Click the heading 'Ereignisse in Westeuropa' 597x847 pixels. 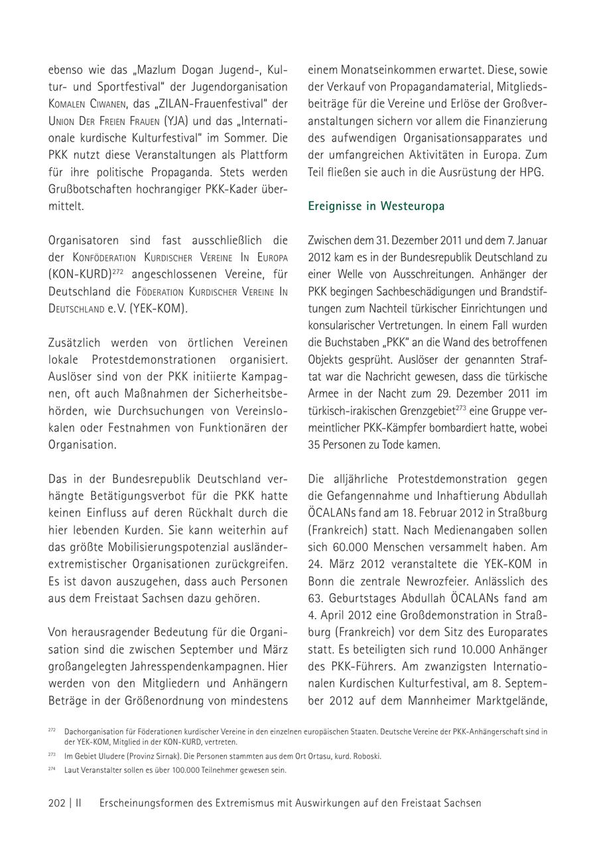click(x=376, y=206)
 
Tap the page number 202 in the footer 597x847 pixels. click(x=56, y=803)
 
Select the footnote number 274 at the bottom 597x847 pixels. click(x=52, y=769)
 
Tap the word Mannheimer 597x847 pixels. click(x=445, y=700)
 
